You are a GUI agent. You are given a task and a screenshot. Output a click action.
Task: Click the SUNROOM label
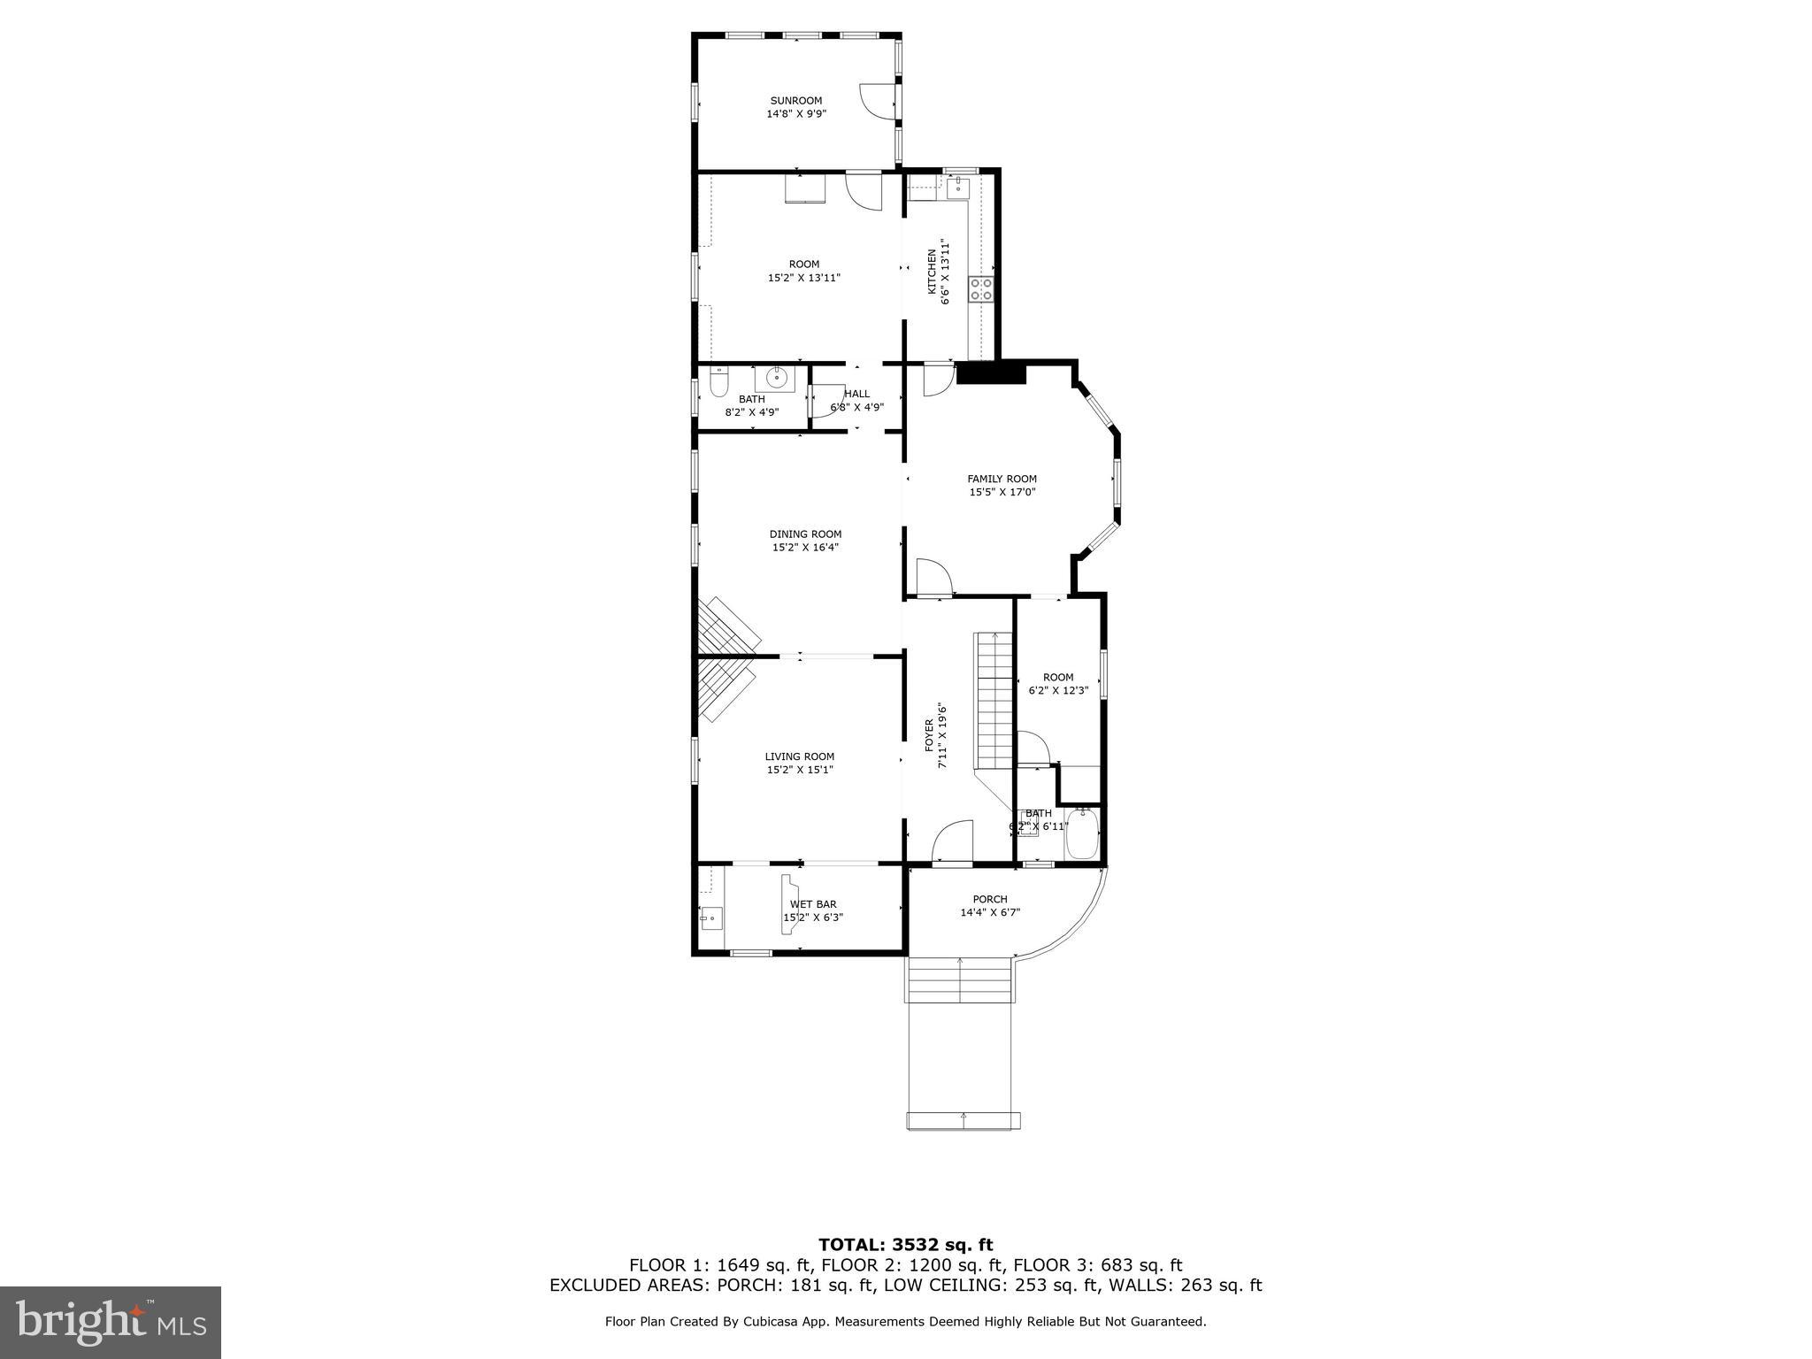tap(796, 101)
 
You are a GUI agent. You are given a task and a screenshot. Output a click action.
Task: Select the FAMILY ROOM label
tap(1002, 479)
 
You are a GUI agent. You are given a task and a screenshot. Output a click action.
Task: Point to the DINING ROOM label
tap(805, 534)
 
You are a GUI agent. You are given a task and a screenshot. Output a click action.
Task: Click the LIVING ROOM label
tap(800, 756)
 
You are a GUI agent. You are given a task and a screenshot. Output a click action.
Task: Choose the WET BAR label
tap(813, 904)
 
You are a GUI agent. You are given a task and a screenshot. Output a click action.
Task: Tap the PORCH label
tap(990, 899)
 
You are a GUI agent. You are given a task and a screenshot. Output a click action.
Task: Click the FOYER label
tap(930, 734)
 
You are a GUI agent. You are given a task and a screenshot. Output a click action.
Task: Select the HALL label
tap(856, 394)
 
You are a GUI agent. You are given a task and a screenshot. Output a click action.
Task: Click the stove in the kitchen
tap(981, 288)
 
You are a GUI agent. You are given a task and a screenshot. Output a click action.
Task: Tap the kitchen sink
tap(958, 188)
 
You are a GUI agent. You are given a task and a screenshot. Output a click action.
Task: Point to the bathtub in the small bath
tap(1082, 833)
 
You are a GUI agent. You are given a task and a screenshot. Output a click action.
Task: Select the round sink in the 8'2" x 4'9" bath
tap(777, 379)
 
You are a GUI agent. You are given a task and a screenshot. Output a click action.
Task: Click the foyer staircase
tap(994, 699)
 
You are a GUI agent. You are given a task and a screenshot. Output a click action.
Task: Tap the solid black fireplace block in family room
tap(991, 373)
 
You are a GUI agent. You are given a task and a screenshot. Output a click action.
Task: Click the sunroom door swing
tap(874, 101)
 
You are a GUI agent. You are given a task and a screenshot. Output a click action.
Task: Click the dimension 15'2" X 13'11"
tap(803, 278)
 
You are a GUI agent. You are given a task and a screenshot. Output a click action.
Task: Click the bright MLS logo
tap(110, 1322)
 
